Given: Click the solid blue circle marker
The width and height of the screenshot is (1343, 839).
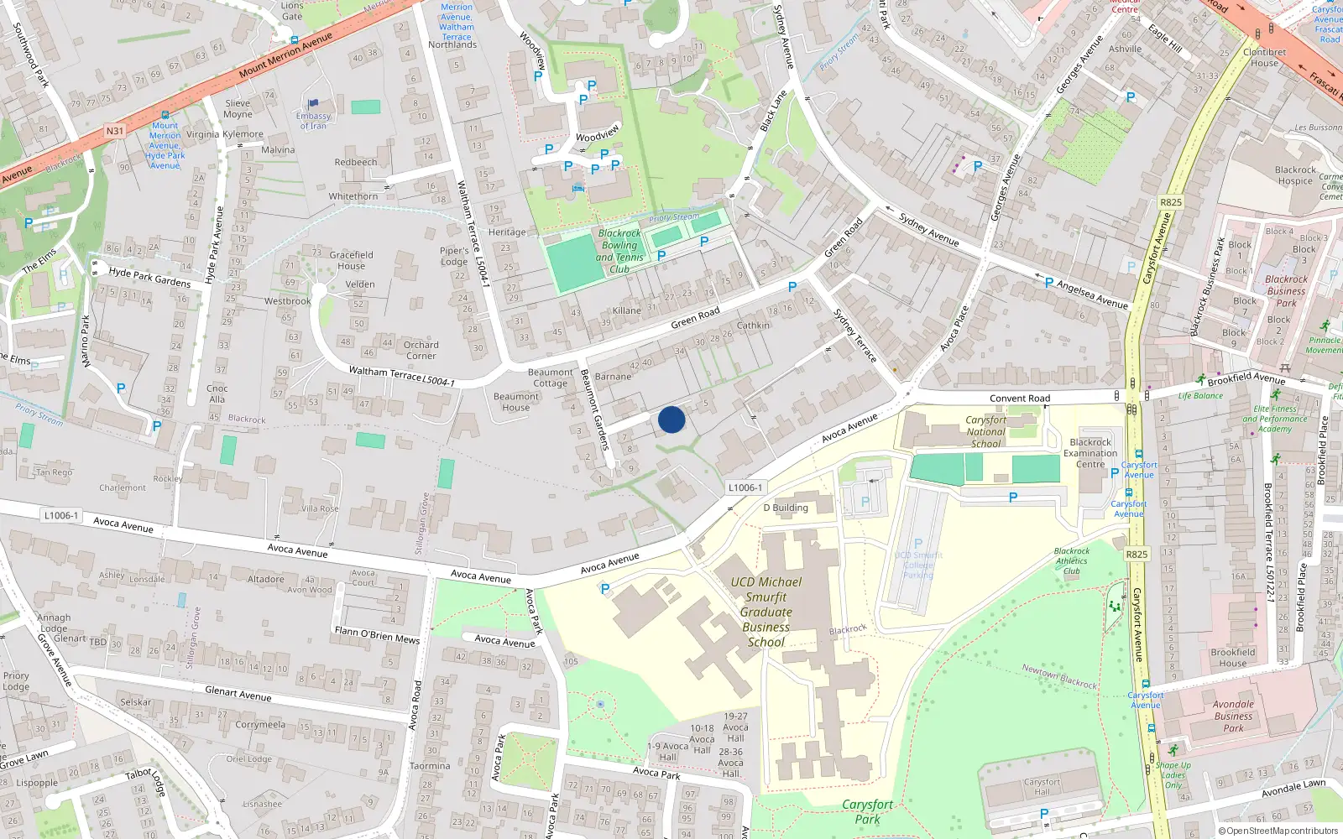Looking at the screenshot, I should tap(671, 419).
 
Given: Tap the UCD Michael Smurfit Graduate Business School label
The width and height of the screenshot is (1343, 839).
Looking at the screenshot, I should tap(766, 612).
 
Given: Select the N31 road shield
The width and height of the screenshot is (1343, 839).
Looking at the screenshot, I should tap(115, 131).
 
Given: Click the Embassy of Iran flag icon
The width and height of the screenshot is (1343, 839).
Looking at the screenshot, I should tap(314, 104).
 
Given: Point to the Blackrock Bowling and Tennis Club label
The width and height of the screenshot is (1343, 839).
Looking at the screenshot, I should tap(619, 251).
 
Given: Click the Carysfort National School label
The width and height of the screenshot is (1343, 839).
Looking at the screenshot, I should tap(985, 431).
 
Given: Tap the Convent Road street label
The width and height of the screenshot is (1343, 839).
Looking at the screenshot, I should tap(1019, 399).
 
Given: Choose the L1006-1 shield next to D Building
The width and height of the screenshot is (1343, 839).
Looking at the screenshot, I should tap(745, 487).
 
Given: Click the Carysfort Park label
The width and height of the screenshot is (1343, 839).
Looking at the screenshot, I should tap(867, 811).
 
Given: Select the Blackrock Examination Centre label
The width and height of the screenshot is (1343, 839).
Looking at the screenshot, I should tap(1090, 453).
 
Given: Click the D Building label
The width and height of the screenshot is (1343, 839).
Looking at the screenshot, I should tap(786, 508).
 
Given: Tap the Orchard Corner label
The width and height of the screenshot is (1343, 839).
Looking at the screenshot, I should tap(421, 350).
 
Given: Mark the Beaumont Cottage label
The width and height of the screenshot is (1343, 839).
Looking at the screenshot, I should tap(550, 378).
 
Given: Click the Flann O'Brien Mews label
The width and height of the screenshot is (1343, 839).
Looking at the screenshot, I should tap(377, 634).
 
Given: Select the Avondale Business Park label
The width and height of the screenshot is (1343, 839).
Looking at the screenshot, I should tap(1233, 716).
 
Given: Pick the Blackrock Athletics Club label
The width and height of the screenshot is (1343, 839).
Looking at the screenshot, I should tap(1072, 561).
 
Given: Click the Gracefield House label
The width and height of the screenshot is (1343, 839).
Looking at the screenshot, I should tap(351, 260).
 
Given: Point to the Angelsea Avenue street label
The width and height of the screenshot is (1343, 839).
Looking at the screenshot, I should tap(1092, 294).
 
